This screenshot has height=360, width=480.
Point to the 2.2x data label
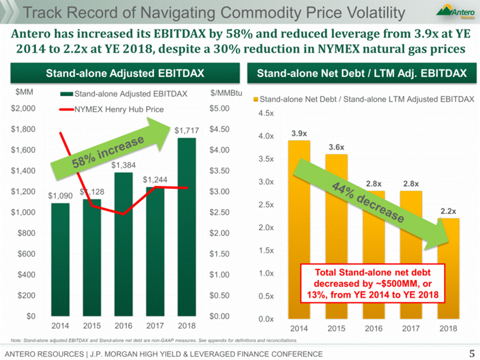pos(448,210)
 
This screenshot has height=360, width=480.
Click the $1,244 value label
pos(154,180)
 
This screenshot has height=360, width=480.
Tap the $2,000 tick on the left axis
pos(23,108)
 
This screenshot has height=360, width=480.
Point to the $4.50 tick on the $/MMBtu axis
pos(220,129)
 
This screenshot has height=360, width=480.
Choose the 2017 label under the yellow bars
pos(410,328)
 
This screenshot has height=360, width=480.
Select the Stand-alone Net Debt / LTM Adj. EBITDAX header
pos(361,73)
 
